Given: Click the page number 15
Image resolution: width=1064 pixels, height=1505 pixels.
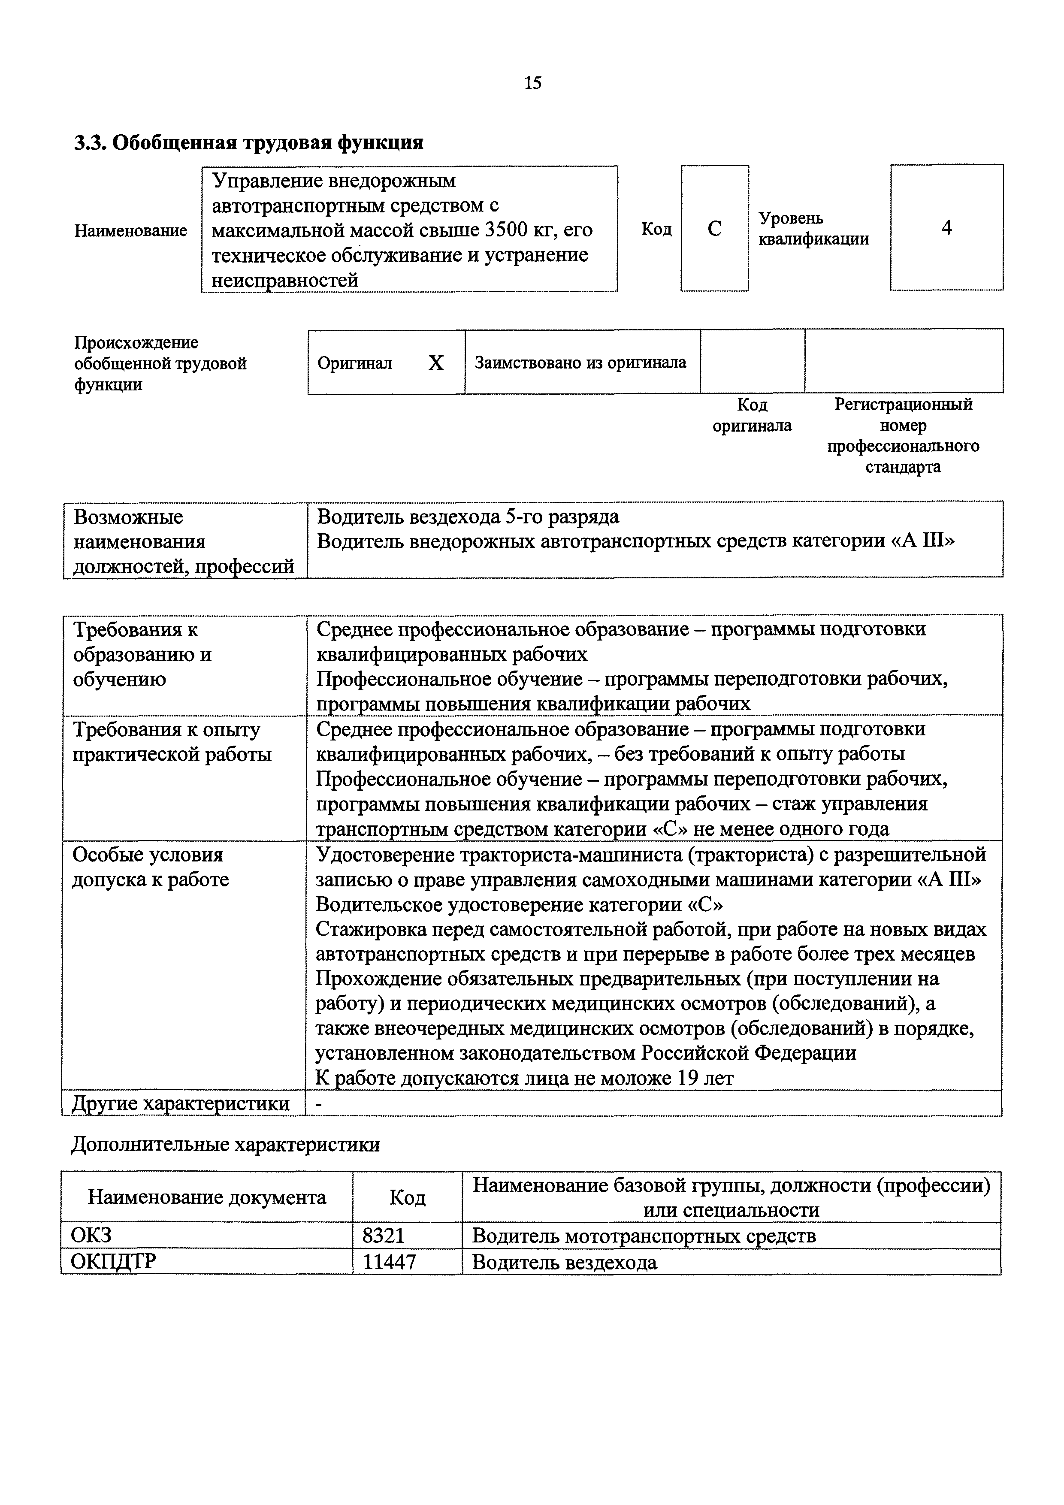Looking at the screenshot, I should point(532,83).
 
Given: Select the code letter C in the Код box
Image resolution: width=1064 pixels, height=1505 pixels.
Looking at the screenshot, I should point(715,228).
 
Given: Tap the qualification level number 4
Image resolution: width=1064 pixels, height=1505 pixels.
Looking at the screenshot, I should point(946,227).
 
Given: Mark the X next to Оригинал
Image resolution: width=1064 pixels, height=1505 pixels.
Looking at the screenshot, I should point(435,363).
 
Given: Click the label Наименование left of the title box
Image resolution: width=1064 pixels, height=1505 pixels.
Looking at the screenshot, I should point(130,231).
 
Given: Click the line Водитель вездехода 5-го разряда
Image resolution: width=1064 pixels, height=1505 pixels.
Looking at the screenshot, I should point(467,517).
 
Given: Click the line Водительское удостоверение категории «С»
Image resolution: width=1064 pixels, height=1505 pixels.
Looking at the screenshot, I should point(519,904).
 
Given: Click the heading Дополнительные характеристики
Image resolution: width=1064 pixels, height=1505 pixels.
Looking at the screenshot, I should point(226,1145).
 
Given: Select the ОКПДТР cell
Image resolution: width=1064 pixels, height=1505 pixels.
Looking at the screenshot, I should point(113,1262).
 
